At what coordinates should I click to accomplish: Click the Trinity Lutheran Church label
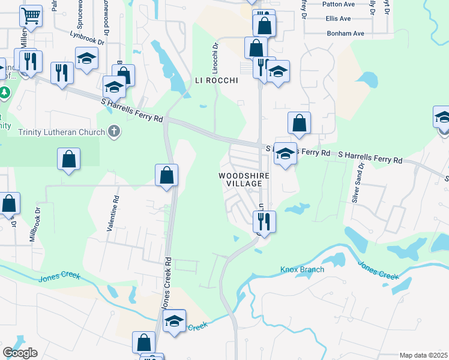click(x=62, y=132)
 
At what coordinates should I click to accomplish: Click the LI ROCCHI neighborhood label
click(x=216, y=80)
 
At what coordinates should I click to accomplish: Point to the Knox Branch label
click(x=302, y=269)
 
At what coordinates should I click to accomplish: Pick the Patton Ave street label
click(x=339, y=4)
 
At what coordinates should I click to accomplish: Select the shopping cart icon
click(x=31, y=16)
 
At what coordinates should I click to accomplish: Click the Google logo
click(x=20, y=353)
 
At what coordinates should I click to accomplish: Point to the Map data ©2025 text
click(x=423, y=355)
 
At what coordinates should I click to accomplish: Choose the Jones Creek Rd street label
click(x=167, y=284)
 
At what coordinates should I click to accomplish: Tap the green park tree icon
click(x=4, y=93)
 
